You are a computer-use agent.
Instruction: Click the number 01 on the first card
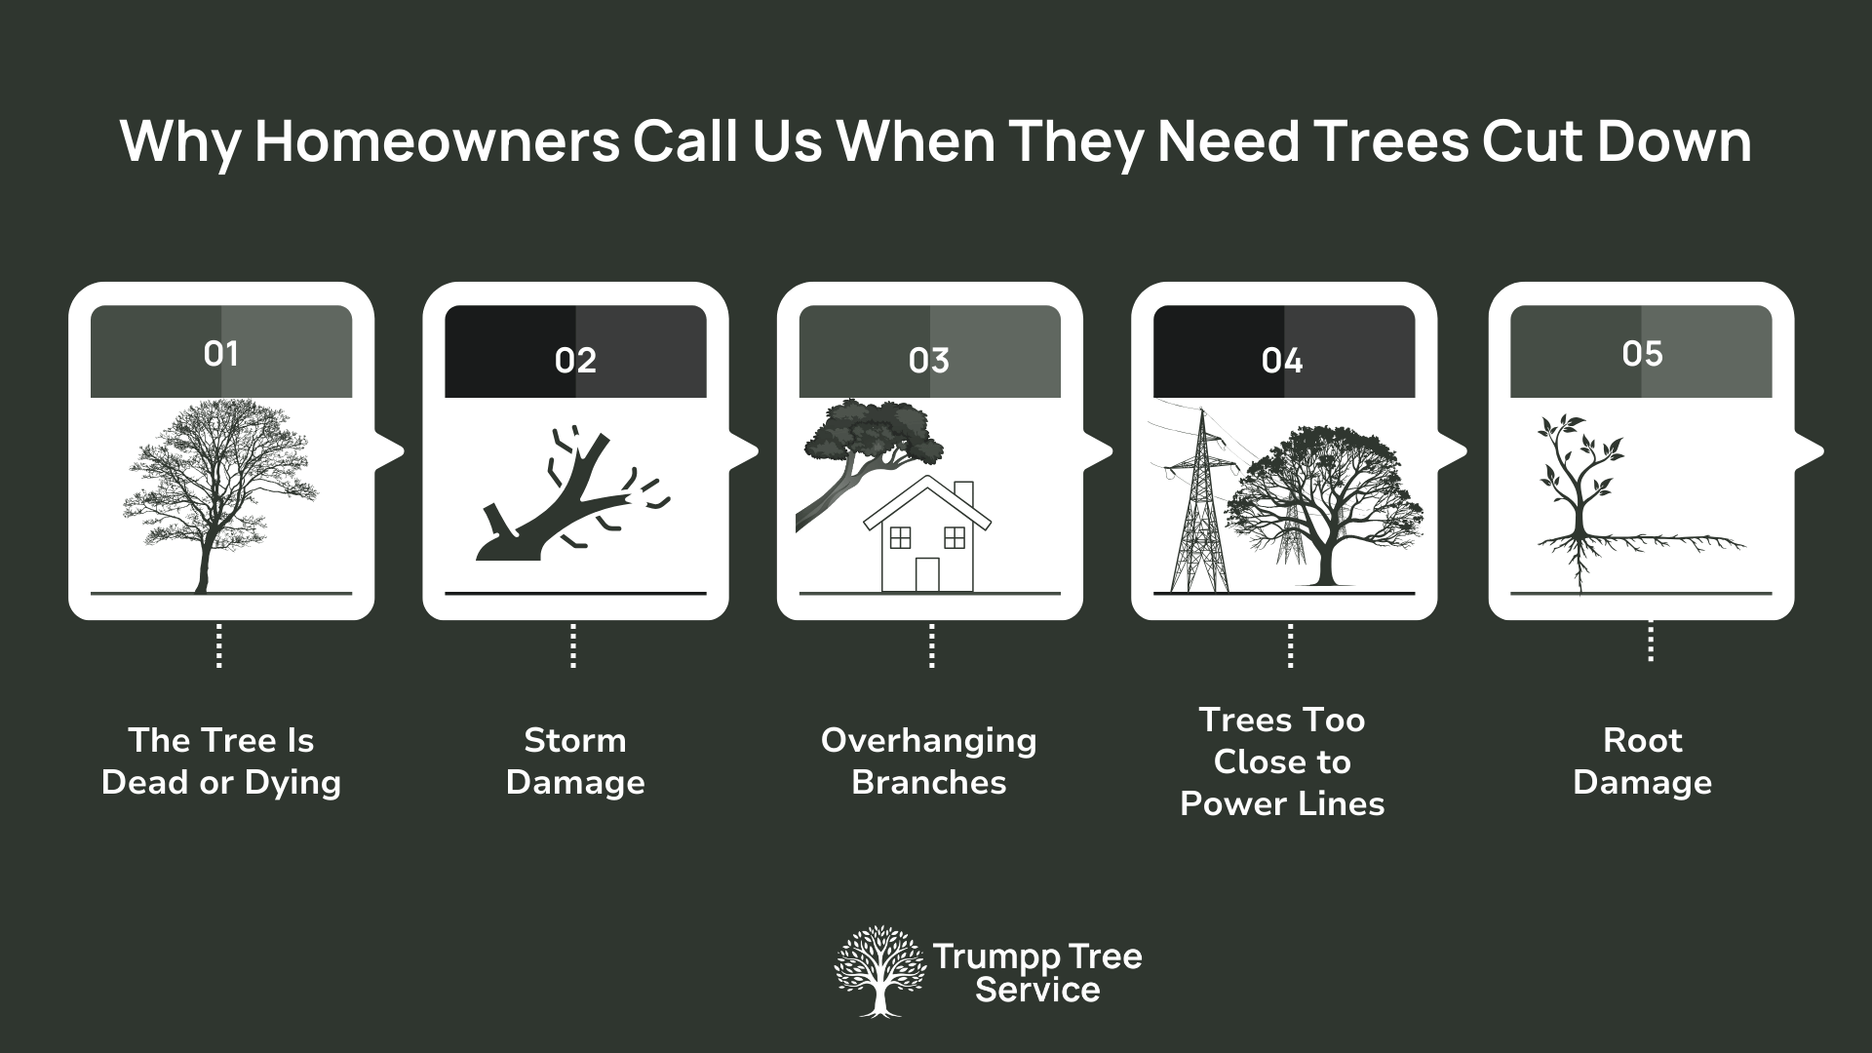coord(221,353)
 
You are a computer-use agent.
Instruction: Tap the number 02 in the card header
coord(575,361)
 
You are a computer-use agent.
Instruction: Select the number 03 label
coord(928,361)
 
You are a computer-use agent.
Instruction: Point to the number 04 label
coord(1282,361)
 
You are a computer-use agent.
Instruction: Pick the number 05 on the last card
coord(1642,353)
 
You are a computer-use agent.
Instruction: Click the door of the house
coord(927,574)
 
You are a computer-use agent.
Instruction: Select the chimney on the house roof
coord(963,493)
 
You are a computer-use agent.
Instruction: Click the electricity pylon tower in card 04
coord(1197,507)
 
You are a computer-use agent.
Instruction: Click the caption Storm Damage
coord(575,761)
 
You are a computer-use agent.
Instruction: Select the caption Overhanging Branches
coord(928,761)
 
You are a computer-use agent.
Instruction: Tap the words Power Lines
coord(1282,803)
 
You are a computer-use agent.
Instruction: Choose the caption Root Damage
coord(1642,761)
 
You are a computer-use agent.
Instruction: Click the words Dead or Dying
coord(221,782)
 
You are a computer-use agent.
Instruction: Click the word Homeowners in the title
coord(437,142)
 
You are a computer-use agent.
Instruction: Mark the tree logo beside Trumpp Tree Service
coord(879,971)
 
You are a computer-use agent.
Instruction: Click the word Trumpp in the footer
coord(985,955)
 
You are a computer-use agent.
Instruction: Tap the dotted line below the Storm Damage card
coord(573,646)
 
